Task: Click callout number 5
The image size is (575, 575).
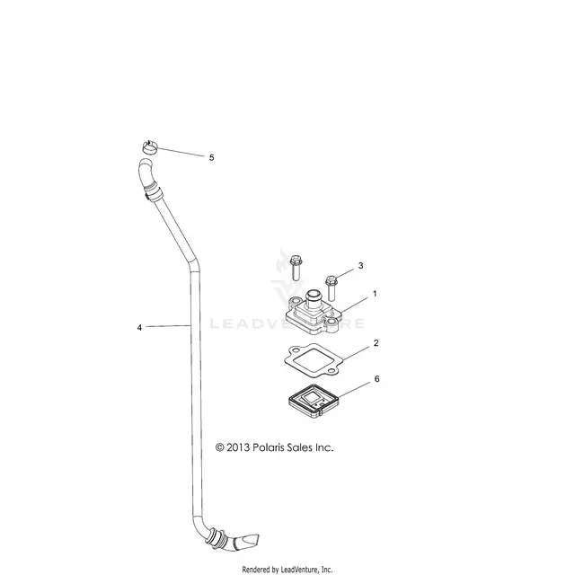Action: pos(211,158)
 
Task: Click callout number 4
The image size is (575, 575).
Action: pos(139,327)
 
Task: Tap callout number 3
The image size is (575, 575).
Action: pos(360,266)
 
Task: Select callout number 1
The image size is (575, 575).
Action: pos(375,294)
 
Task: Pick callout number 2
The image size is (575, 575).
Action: pos(376,343)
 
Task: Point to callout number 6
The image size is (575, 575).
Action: pos(376,379)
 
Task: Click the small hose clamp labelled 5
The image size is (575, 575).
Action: pos(150,147)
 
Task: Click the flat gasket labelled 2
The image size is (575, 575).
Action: pos(313,359)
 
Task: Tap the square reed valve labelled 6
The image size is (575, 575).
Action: pos(313,401)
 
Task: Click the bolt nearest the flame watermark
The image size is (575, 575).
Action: pos(296,267)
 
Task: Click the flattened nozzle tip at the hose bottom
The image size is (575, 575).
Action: pos(248,541)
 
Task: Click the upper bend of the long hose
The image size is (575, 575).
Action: pos(193,265)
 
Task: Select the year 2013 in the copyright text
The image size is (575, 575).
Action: pos(238,447)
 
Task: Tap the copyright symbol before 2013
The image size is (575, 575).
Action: pos(219,447)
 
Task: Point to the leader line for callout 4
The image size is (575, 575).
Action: pos(169,325)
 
